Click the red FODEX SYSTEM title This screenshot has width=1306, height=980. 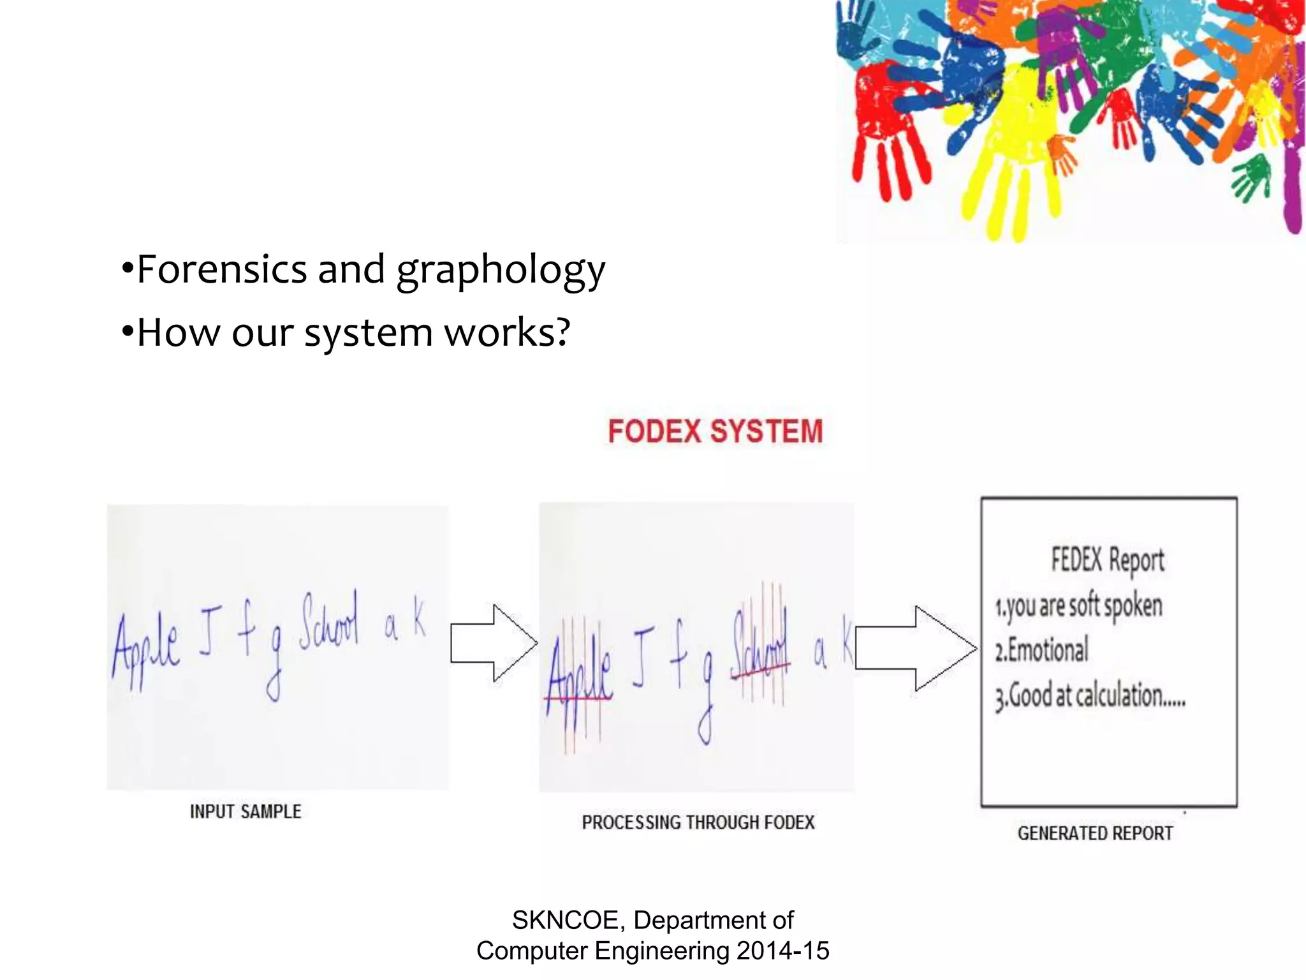click(x=715, y=431)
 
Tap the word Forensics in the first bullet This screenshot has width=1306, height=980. click(x=222, y=269)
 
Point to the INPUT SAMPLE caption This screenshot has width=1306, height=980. click(x=246, y=812)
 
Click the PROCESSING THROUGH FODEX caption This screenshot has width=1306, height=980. click(x=698, y=822)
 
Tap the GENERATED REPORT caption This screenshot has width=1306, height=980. click(x=1095, y=833)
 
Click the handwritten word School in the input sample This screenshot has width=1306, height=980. click(x=329, y=622)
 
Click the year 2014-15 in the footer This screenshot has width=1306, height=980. click(x=782, y=951)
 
